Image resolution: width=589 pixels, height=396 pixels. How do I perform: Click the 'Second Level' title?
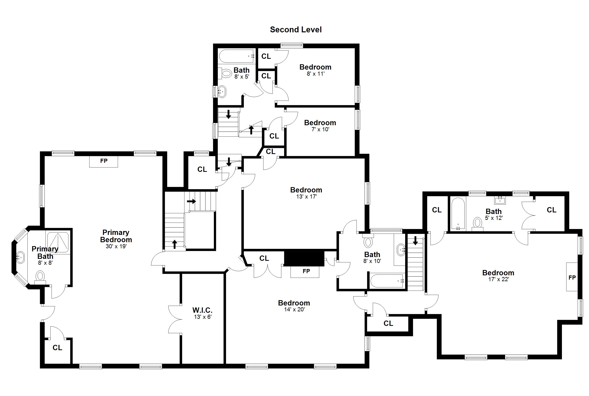[296, 30]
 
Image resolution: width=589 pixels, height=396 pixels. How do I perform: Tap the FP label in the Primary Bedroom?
[104, 161]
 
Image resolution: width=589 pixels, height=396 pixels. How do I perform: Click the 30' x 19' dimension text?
[116, 246]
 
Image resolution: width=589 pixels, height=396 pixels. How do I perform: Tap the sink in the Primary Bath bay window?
[20, 257]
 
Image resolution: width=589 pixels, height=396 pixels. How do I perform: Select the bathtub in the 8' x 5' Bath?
[237, 56]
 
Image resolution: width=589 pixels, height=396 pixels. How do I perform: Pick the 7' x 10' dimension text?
[320, 129]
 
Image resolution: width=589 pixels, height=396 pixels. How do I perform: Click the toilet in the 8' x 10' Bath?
[368, 241]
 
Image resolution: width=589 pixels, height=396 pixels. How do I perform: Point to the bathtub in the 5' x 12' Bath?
[458, 214]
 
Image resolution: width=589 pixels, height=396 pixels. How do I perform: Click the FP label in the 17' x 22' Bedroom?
[572, 278]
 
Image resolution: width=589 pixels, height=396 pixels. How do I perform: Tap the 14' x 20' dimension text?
[294, 309]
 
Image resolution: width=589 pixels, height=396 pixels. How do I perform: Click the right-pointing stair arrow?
[191, 201]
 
